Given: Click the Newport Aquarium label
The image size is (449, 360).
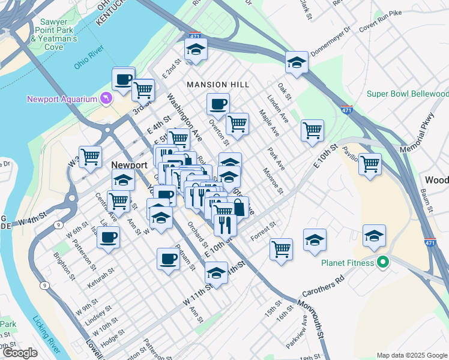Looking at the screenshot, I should point(62,99).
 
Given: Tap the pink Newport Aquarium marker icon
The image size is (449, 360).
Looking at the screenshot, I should point(106,98).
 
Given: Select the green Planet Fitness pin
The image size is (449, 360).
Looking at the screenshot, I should point(381,262).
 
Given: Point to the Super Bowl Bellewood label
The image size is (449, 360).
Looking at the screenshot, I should point(408,94).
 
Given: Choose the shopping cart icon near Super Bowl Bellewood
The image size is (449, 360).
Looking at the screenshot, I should point(370,163).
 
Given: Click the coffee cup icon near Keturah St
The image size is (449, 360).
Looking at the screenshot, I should point(108,237).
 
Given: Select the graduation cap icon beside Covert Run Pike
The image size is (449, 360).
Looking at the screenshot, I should point(297,63).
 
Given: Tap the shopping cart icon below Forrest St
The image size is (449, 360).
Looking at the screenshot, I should point(281,248).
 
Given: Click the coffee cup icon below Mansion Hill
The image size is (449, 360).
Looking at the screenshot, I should point(218,104).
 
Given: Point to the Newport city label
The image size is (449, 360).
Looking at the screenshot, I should point(130,165).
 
